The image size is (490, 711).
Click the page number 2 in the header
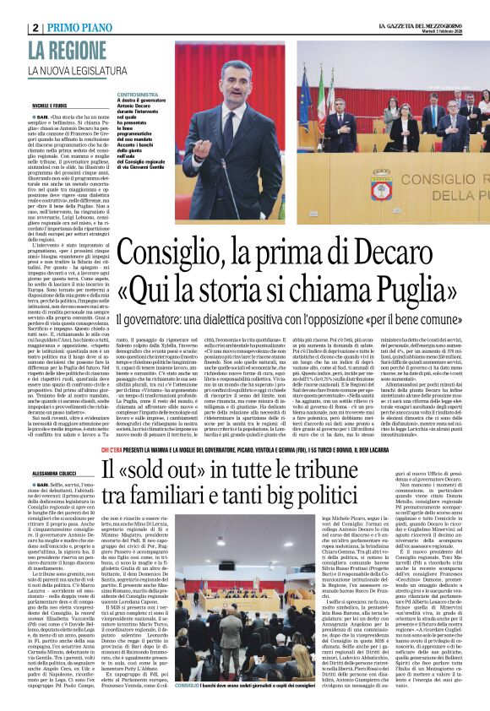tap(36, 27)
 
